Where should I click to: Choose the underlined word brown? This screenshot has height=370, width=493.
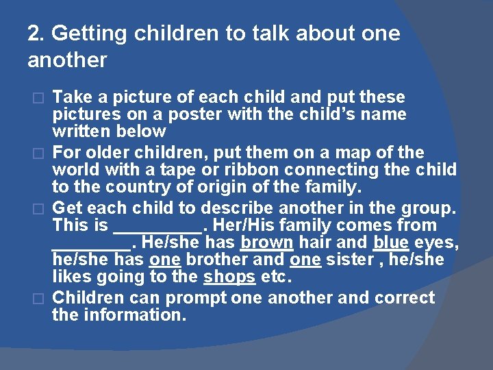[267, 243]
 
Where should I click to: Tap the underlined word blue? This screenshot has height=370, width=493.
[391, 243]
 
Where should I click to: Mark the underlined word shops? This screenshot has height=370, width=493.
[229, 277]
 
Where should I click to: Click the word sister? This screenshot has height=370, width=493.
[348, 260]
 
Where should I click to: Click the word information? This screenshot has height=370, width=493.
[134, 315]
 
